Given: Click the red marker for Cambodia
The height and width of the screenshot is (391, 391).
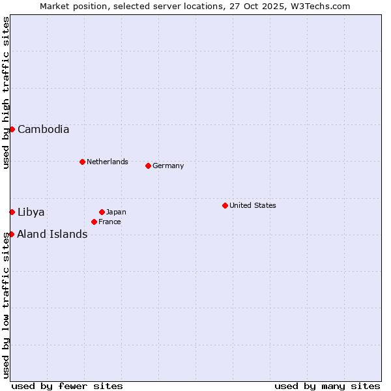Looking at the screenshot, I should click(x=12, y=129).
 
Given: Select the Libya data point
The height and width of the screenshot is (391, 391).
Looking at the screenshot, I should click(x=12, y=212).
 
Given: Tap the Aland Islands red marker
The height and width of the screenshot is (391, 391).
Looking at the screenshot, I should click(x=11, y=234).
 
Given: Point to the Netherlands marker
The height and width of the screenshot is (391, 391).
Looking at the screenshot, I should click(x=82, y=162).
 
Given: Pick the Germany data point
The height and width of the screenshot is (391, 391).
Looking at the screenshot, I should click(x=148, y=166).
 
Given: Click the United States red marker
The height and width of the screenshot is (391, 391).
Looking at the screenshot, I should click(x=225, y=205).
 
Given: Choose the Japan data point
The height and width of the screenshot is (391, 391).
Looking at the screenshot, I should click(x=102, y=212).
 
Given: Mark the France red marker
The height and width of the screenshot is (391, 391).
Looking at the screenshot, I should click(x=94, y=222).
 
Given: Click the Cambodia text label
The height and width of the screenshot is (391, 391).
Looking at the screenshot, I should click(x=43, y=129).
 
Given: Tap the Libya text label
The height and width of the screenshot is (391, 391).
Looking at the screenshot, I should click(x=31, y=212).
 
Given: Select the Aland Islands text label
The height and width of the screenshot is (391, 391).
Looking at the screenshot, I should click(x=52, y=234).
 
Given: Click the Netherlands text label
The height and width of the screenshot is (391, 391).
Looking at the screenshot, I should click(x=107, y=162).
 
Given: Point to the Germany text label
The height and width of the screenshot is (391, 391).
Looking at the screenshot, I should click(x=168, y=166).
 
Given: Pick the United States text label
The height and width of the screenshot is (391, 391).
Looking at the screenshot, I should click(x=252, y=205).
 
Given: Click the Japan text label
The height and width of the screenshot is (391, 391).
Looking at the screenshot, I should click(x=116, y=212).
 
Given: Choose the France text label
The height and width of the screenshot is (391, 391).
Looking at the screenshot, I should click(x=109, y=222).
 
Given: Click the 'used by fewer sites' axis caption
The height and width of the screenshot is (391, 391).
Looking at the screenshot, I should click(x=67, y=386).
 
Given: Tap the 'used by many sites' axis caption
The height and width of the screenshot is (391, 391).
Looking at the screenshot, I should click(x=327, y=386).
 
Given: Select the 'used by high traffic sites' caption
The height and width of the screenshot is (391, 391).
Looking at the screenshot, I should click(x=6, y=93).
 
